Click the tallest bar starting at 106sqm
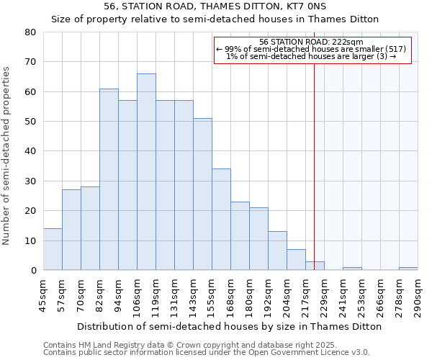[x=146, y=172]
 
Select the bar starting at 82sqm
[x=109, y=179]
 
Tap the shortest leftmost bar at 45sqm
[x=53, y=249]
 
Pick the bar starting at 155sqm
[x=221, y=220]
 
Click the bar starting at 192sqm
[x=277, y=251]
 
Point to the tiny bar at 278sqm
[x=408, y=269]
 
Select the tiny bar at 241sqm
[x=352, y=269]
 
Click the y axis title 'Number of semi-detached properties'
[x=7, y=155]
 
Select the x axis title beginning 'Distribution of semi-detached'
[x=229, y=326]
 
